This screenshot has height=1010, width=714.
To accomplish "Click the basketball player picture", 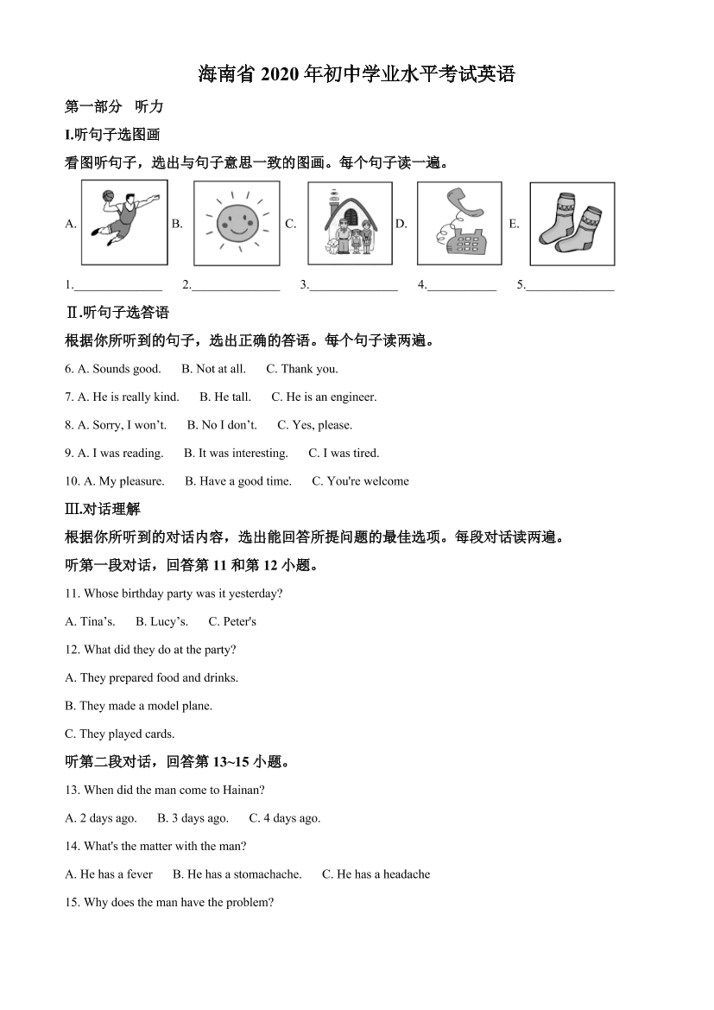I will [124, 222].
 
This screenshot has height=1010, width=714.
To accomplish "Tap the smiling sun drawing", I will [236, 223].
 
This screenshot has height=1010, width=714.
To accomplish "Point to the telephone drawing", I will [458, 223].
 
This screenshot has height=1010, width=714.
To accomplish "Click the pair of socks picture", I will [572, 223].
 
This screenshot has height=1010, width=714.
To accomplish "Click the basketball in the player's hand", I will [108, 195].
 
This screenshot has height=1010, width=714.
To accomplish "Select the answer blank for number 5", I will [571, 286].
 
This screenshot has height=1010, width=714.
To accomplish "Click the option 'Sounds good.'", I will [127, 369].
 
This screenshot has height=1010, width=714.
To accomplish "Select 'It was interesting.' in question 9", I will [243, 454].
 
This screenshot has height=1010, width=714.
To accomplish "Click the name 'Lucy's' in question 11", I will [169, 622].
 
